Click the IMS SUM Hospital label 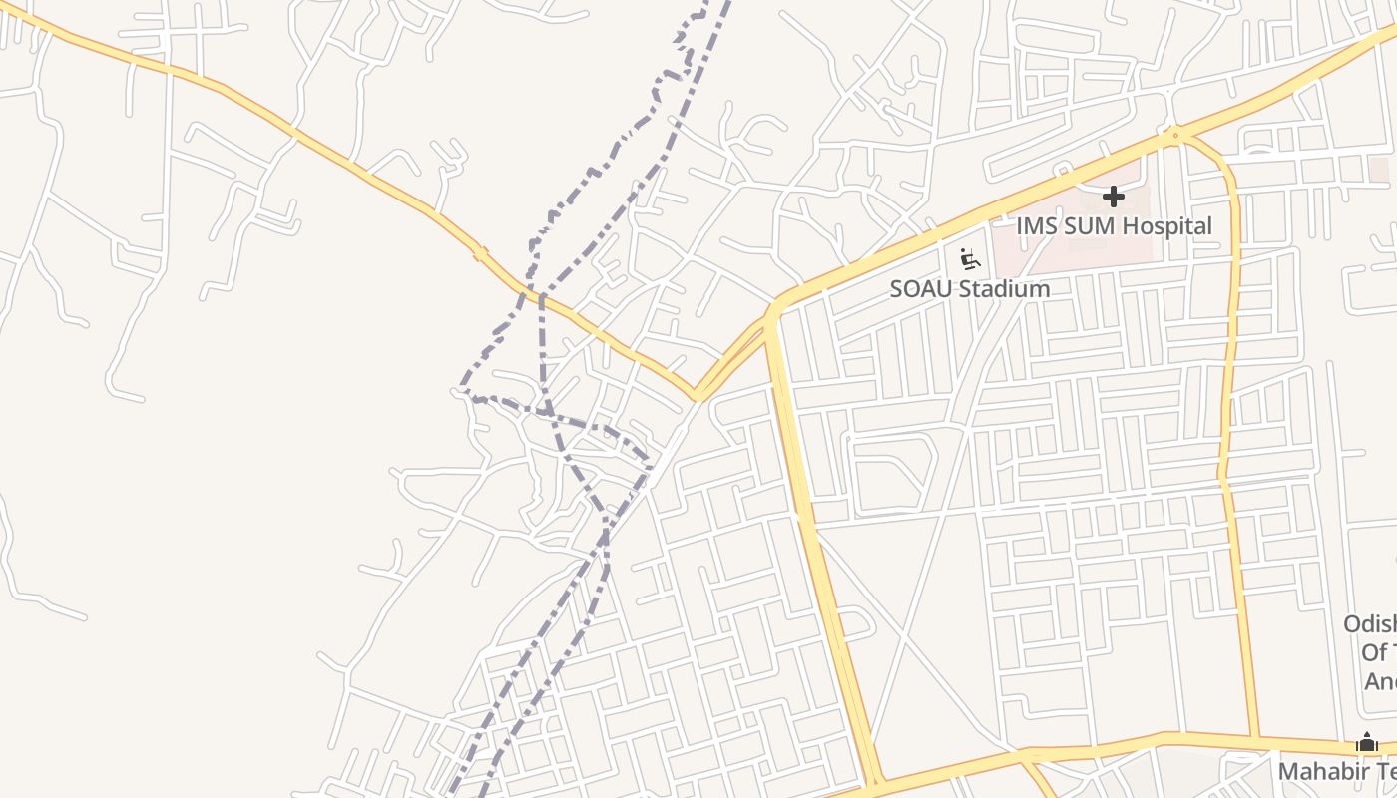[1114, 226]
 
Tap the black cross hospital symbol [1114, 197]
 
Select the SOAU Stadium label [969, 289]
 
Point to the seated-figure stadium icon [969, 260]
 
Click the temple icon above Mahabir [1367, 743]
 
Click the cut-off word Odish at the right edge [1370, 624]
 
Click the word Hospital [1167, 226]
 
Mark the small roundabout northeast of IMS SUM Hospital [1175, 135]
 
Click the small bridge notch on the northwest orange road [480, 254]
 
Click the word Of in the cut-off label [1376, 653]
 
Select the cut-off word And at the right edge [1380, 682]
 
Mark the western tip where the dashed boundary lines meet [461, 389]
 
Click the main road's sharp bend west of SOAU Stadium [774, 309]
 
